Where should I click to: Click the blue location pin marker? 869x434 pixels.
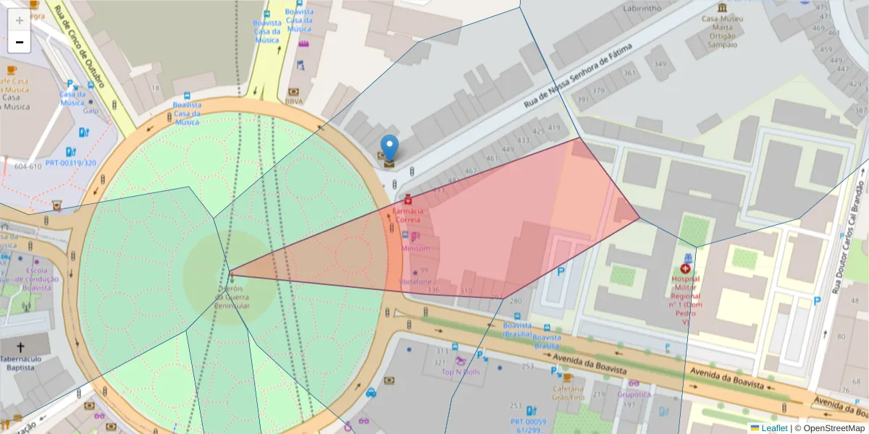pos(390,148)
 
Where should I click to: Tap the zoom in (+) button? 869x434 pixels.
pos(20,20)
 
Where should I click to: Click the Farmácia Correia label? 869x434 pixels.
pos(406,214)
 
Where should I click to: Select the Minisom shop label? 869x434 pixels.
pos(416,248)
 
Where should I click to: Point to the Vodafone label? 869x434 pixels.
pos(416,281)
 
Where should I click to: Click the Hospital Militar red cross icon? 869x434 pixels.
pos(685,268)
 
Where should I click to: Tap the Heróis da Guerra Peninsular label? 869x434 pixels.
pos(232,297)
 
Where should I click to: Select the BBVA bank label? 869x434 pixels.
pos(294,102)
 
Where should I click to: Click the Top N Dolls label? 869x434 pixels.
pos(461,373)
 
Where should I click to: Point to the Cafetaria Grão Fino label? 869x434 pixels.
pos(568,393)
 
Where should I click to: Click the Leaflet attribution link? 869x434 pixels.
pos(774,428)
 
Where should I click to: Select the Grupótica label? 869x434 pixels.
pos(634,394)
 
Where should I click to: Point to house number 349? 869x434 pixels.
pos(660,64)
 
